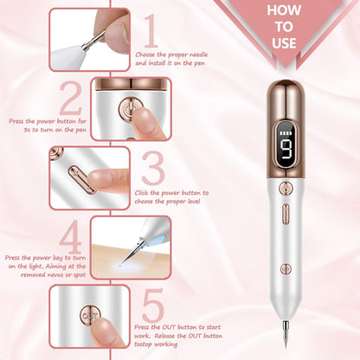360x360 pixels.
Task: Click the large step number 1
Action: point(151,30)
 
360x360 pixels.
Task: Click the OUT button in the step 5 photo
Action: point(87,312)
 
